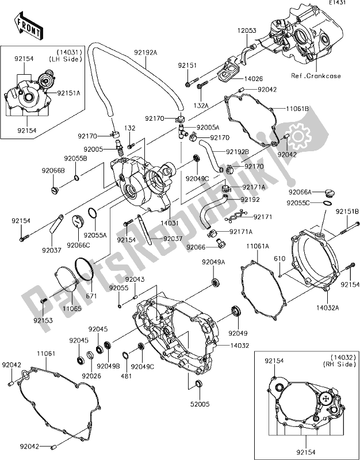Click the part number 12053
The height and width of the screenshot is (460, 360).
point(248,29)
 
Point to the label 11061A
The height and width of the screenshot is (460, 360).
point(258,246)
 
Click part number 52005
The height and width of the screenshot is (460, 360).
point(199,404)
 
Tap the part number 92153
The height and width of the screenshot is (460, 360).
point(43,320)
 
